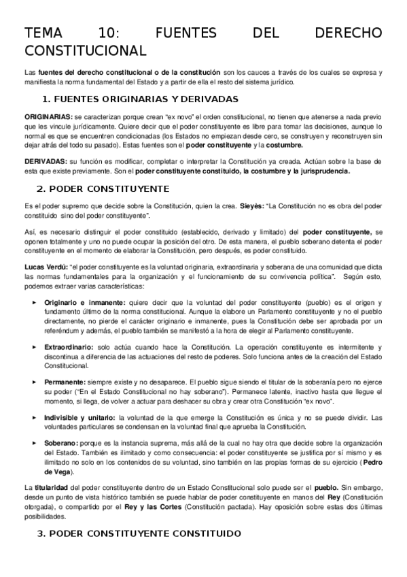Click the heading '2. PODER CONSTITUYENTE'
105,188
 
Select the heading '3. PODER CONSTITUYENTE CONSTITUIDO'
139,534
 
